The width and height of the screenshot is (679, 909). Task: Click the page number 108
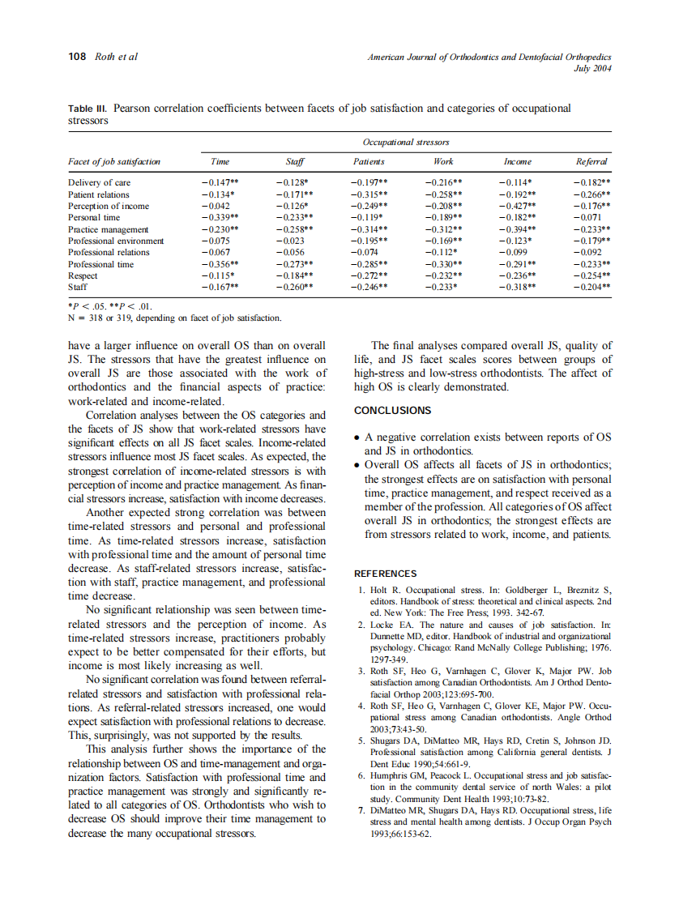(78, 57)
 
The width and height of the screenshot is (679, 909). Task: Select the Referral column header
(591, 161)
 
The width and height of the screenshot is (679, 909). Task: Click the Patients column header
(369, 161)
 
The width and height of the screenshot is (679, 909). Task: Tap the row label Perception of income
(109, 206)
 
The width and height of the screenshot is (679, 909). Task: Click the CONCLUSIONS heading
(392, 411)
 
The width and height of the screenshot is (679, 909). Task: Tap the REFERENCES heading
(385, 574)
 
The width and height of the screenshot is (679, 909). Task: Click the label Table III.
(87, 109)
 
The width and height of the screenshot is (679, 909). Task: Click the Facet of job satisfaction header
(114, 161)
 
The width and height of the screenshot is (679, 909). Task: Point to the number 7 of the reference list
(360, 810)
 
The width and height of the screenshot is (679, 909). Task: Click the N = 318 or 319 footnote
(174, 318)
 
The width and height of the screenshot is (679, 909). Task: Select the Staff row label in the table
(78, 287)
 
